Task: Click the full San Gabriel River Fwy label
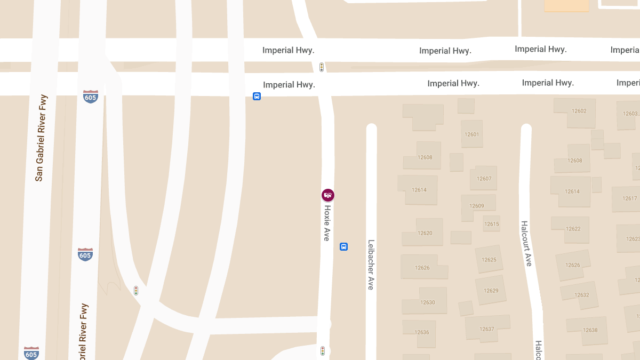40,139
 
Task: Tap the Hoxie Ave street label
327,223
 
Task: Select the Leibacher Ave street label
371,265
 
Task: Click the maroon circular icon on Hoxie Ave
328,195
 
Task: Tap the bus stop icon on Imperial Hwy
257,97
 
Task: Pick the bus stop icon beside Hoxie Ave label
344,246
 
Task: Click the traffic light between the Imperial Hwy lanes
322,67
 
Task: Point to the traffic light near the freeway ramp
136,291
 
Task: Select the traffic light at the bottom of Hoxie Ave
323,350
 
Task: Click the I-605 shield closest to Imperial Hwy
91,97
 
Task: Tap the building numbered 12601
472,134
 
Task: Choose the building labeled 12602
579,111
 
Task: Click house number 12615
492,224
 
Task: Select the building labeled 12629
491,291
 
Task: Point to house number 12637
487,329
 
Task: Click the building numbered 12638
590,330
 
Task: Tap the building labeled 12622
573,229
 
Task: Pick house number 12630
427,302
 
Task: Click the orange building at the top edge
566,5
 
